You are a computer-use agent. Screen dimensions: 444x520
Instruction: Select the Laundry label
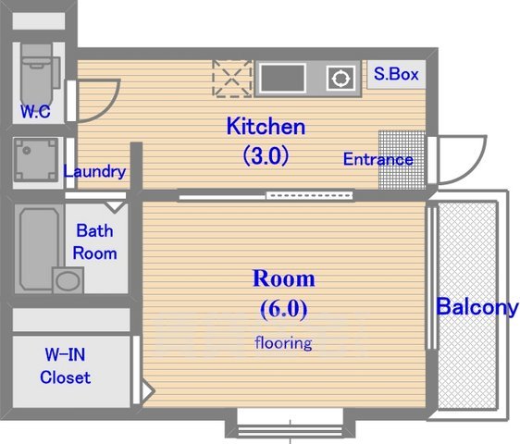tap(94, 171)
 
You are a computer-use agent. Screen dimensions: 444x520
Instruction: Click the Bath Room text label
tap(96, 241)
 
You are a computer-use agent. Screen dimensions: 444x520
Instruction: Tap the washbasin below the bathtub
tap(68, 280)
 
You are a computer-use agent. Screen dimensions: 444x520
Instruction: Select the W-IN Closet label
tap(66, 365)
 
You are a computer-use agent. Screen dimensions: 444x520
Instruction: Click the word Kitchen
tap(266, 127)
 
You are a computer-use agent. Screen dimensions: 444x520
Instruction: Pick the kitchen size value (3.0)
tap(266, 155)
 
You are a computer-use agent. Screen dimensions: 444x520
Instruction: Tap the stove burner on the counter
tap(341, 79)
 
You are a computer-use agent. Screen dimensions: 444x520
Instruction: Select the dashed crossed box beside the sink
tap(231, 79)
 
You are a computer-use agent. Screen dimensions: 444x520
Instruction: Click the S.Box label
tap(397, 74)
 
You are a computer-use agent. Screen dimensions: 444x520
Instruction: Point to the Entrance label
tap(378, 159)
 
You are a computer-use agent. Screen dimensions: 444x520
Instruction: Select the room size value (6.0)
tap(284, 308)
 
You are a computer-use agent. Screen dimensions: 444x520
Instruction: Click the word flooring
tap(284, 343)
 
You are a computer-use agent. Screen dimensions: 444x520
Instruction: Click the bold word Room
tap(284, 278)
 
